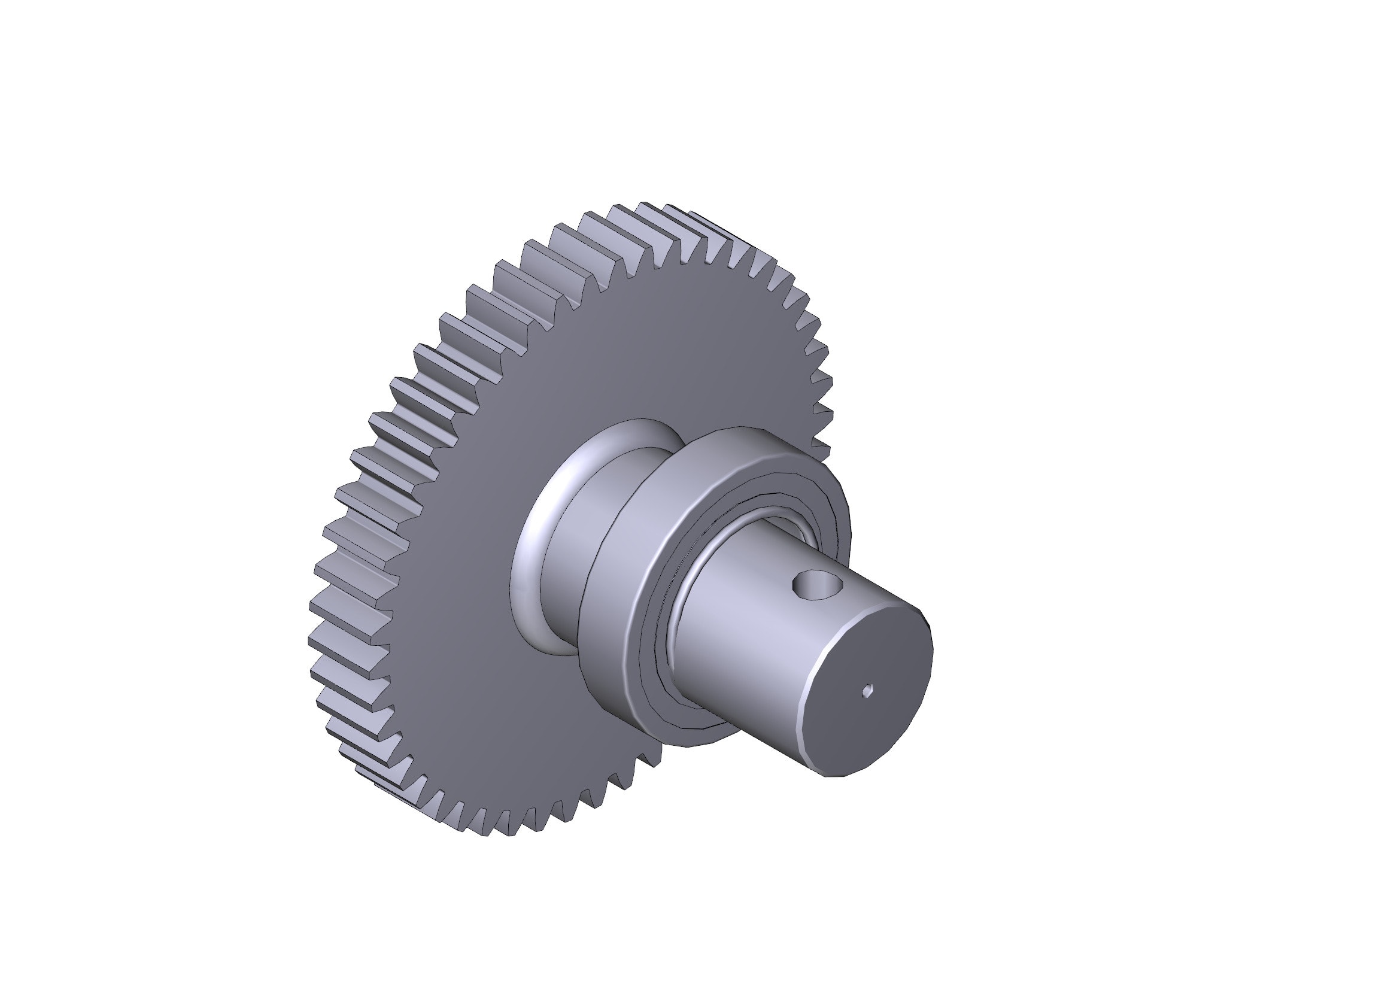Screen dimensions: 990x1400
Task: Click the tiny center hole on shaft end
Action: point(868,691)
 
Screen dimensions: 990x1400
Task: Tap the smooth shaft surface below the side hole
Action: point(762,658)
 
